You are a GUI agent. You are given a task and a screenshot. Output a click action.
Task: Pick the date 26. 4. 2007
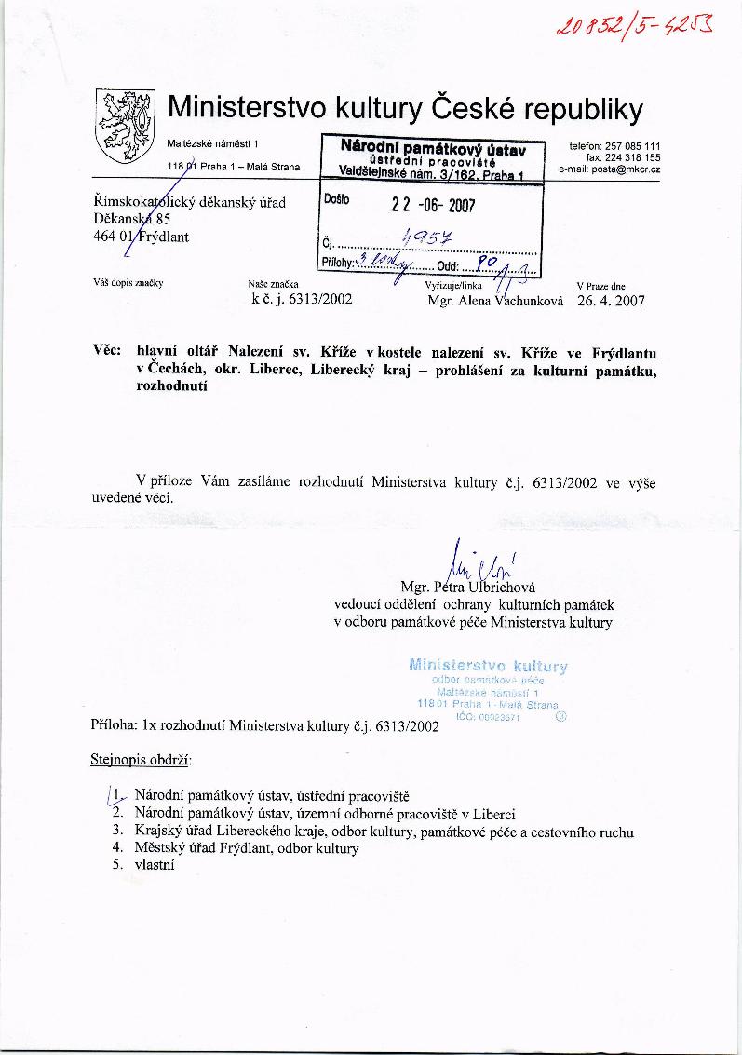click(x=611, y=301)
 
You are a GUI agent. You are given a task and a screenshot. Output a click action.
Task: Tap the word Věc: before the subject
click(x=109, y=353)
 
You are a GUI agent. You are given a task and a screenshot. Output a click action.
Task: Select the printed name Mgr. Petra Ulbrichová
click(x=474, y=588)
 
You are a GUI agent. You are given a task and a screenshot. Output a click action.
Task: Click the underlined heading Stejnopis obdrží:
click(x=140, y=760)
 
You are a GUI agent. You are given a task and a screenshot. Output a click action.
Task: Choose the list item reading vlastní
click(x=155, y=864)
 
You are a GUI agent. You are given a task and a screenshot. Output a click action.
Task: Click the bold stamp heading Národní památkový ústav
click(x=433, y=147)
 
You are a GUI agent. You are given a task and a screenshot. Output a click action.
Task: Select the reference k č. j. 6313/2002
click(x=302, y=301)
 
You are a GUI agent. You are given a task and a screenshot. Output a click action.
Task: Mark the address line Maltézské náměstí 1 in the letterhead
click(x=214, y=142)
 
